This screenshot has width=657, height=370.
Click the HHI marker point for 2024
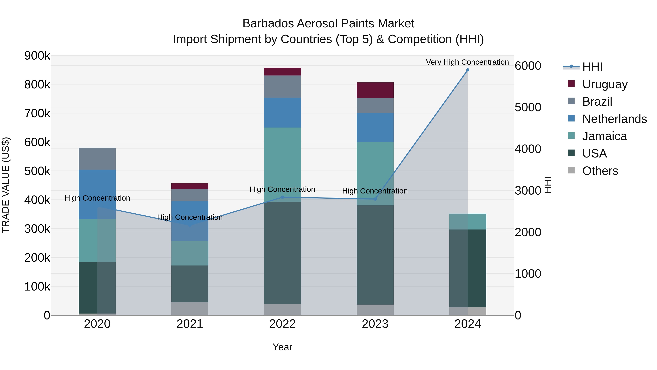tap(468, 70)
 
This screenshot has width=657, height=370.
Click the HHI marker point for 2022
tap(282, 197)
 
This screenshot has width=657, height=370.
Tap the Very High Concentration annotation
tap(467, 62)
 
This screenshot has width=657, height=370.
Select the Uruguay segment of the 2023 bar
tap(375, 90)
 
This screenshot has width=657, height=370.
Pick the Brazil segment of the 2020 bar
tap(97, 159)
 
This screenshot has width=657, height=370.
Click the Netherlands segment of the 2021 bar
tap(190, 221)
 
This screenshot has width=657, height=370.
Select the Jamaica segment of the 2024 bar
tap(468, 221)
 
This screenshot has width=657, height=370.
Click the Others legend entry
tap(600, 171)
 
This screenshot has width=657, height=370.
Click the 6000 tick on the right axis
tap(528, 66)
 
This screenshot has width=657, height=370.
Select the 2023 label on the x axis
tap(375, 324)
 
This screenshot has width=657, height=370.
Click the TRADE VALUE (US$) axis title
tap(6, 185)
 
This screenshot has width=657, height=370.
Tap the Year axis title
tap(282, 347)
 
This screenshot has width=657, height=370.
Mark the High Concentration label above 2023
tap(375, 191)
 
